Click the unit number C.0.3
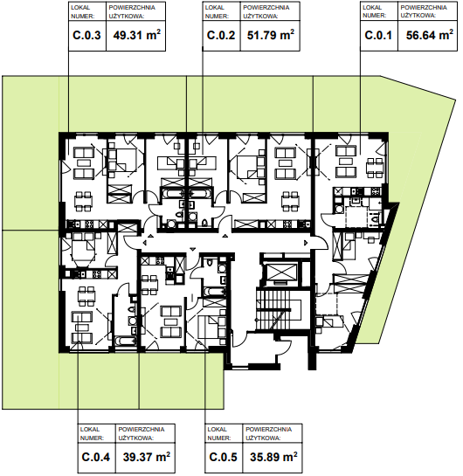click(86, 36)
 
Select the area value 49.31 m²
click(137, 35)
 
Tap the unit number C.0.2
click(221, 36)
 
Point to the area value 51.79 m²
click(271, 35)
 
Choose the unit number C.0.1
click(378, 36)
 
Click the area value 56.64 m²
click(430, 35)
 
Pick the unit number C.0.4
click(96, 457)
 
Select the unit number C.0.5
click(223, 457)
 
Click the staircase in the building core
click(273, 310)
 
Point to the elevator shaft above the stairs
click(280, 274)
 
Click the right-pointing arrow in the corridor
click(306, 243)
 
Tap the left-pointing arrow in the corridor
click(145, 243)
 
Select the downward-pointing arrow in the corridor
click(192, 249)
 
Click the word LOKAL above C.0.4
click(90, 430)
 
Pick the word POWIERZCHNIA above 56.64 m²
click(424, 8)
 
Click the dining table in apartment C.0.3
click(84, 201)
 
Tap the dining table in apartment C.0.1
click(375, 168)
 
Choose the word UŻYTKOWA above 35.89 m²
click(263, 438)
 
